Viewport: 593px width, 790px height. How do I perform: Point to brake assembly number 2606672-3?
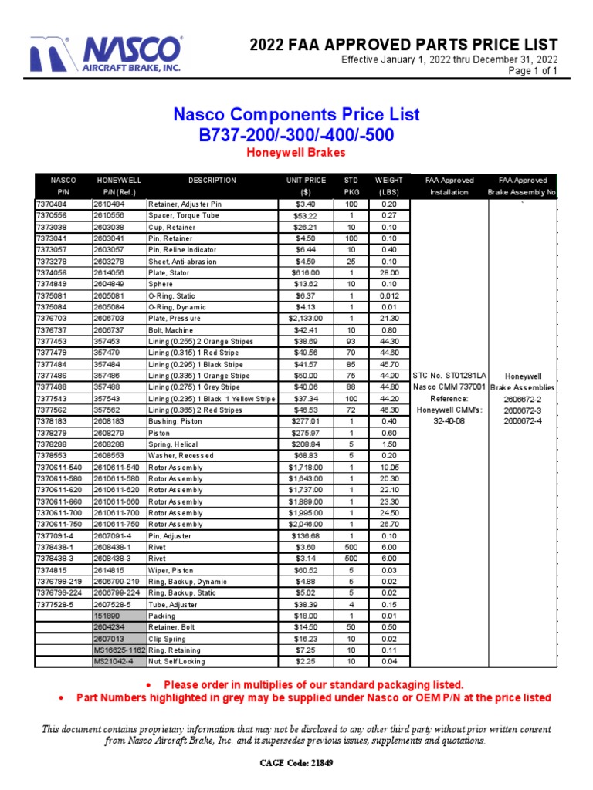click(x=522, y=410)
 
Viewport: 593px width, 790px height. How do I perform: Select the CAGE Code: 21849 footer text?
click(x=296, y=763)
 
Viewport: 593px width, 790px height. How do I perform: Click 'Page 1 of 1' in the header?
click(x=532, y=71)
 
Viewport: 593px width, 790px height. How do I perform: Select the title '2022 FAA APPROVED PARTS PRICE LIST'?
click(x=403, y=45)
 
